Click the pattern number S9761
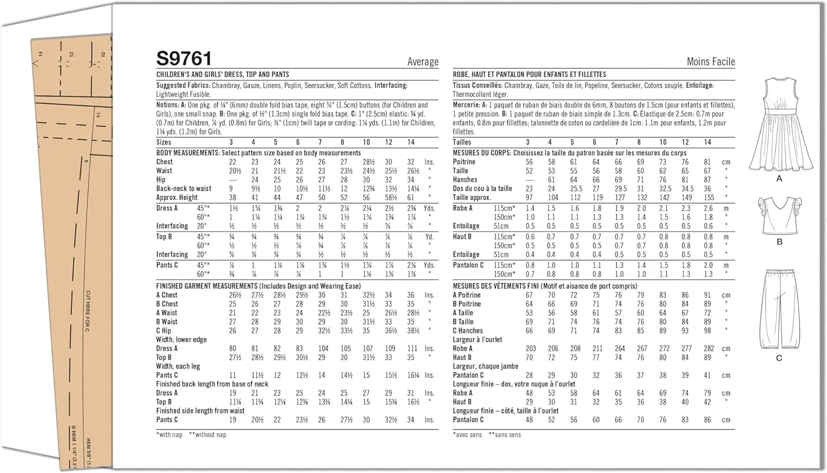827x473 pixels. tap(184, 58)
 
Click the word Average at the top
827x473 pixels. tap(423, 62)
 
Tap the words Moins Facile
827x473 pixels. tap(711, 62)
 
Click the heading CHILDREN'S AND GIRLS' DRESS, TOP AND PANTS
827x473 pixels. tap(222, 74)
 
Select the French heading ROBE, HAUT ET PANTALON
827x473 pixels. tap(529, 74)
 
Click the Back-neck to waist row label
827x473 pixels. tap(184, 189)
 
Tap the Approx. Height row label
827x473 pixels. tap(176, 197)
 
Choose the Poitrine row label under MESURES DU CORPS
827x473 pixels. tap(464, 162)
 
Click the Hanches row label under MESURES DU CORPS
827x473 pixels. tap(465, 180)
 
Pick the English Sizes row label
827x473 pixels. tap(164, 142)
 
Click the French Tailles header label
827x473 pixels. tap(462, 142)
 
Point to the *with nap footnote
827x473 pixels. tap(169, 435)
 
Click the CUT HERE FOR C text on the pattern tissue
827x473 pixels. tap(88, 311)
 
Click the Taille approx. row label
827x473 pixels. tap(471, 197)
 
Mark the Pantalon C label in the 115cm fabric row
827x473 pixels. tap(468, 265)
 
